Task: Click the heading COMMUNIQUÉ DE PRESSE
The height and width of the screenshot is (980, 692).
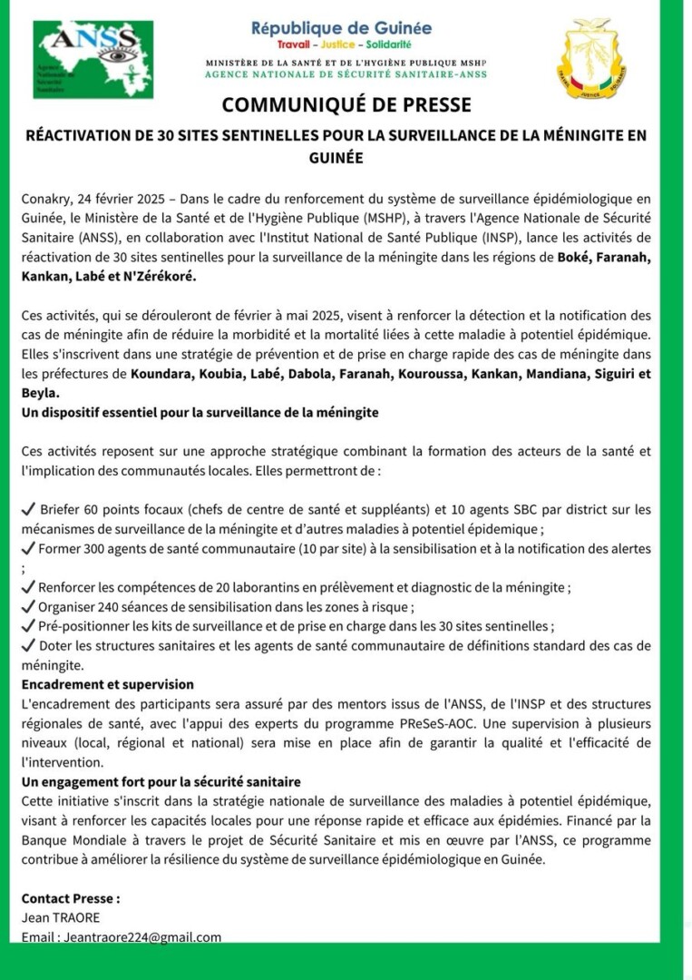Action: click(346, 105)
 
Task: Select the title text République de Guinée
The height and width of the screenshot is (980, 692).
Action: click(341, 28)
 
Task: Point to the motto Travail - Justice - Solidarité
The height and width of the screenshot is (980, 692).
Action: click(344, 44)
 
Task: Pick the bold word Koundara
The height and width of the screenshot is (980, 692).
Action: click(161, 374)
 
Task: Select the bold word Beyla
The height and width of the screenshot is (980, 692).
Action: click(40, 393)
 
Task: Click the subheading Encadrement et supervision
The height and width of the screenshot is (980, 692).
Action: click(107, 684)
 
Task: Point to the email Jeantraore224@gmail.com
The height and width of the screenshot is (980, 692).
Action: click(141, 937)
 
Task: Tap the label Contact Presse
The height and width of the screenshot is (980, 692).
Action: click(71, 898)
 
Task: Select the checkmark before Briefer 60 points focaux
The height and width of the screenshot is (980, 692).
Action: click(28, 509)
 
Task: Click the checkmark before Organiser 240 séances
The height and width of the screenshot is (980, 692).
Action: click(28, 607)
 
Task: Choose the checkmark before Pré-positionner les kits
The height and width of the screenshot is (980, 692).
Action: click(28, 626)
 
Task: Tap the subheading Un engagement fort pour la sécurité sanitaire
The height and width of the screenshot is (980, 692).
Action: click(161, 781)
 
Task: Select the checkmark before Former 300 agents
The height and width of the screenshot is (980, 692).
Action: click(28, 548)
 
